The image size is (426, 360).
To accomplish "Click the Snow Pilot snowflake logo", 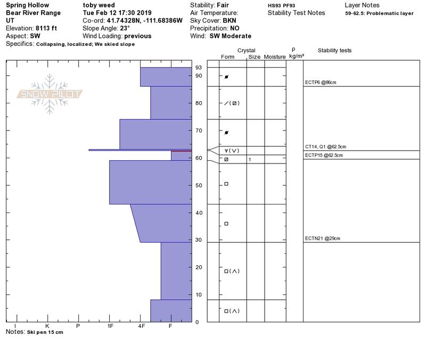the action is click(49, 94).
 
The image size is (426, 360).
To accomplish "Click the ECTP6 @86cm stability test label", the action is click(321, 83).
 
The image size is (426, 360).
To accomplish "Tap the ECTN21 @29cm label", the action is click(323, 238).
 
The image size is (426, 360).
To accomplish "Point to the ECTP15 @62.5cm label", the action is click(324, 155).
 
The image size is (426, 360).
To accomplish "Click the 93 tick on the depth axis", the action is click(199, 68).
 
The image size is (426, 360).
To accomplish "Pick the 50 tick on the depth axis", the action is click(199, 185).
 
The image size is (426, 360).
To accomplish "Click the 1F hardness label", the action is click(110, 326).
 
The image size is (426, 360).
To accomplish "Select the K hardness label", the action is click(47, 326).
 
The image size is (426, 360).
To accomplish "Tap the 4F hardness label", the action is click(141, 326).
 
